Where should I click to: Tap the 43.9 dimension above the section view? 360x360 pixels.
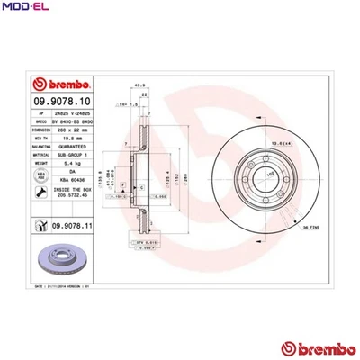(x=139, y=85)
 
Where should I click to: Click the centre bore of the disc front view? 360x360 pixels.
(x=245, y=178)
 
